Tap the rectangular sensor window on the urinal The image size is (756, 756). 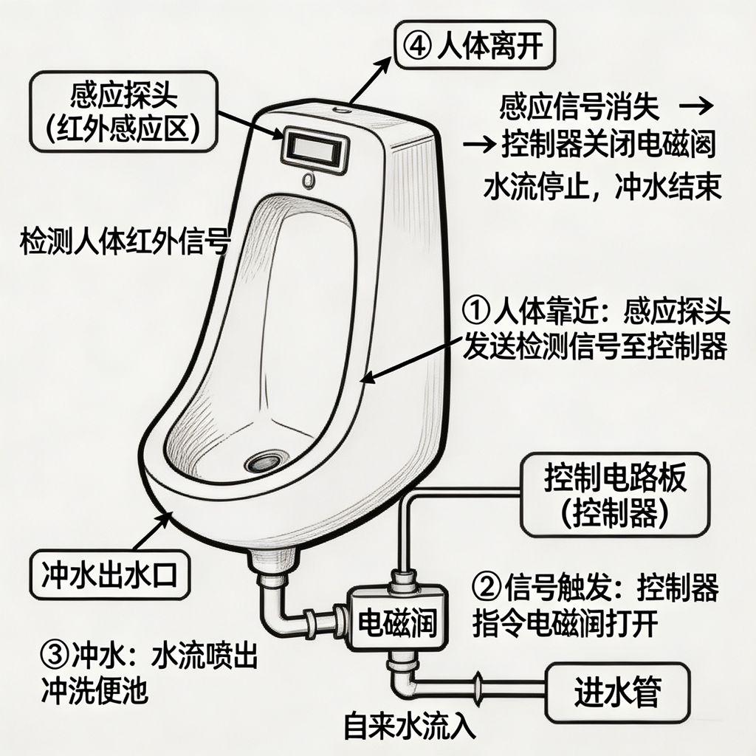(315, 146)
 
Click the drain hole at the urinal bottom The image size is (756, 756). (264, 462)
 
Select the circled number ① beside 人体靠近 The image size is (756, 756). (476, 311)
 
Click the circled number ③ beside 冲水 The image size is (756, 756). (55, 655)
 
